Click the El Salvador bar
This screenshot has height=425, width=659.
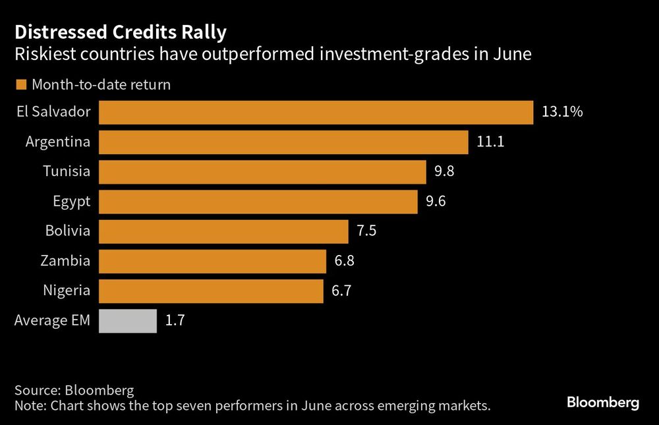click(316, 113)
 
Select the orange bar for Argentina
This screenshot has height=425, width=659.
click(283, 142)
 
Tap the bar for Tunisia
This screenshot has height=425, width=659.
click(262, 172)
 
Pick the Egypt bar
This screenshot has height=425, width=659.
click(258, 202)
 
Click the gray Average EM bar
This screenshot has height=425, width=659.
click(128, 321)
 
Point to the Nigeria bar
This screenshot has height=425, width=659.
click(211, 291)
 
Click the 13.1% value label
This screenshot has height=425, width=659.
click(562, 113)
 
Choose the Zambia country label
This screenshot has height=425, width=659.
click(66, 261)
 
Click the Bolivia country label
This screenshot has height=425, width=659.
click(67, 231)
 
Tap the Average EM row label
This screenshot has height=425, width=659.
click(52, 321)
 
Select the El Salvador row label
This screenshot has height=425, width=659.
click(53, 112)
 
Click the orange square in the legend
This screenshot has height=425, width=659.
click(20, 84)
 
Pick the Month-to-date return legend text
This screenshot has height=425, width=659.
click(101, 84)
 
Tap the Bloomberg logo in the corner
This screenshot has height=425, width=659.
click(603, 402)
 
